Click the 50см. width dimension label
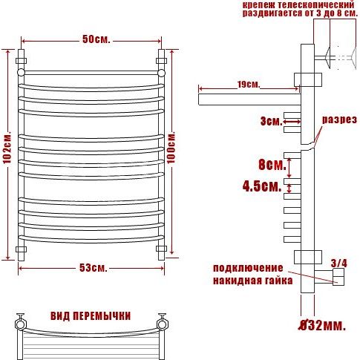[x=96, y=39]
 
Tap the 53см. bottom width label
[x=94, y=268]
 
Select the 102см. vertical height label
[x=7, y=148]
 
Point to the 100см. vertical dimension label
[x=171, y=148]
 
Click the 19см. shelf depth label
[x=249, y=85]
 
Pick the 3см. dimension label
[x=271, y=121]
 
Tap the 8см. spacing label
[x=272, y=165]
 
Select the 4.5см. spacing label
[x=262, y=186]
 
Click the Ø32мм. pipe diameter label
[x=321, y=325]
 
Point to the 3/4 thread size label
[x=339, y=264]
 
